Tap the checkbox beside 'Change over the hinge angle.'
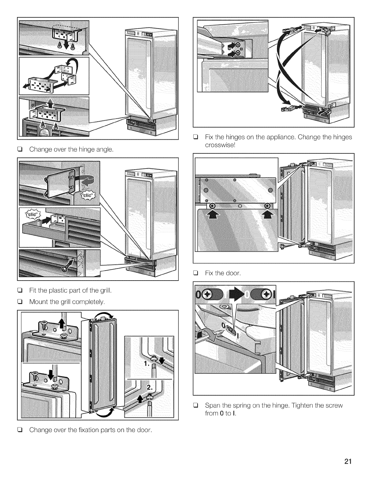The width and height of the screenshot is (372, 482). coord(21,149)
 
